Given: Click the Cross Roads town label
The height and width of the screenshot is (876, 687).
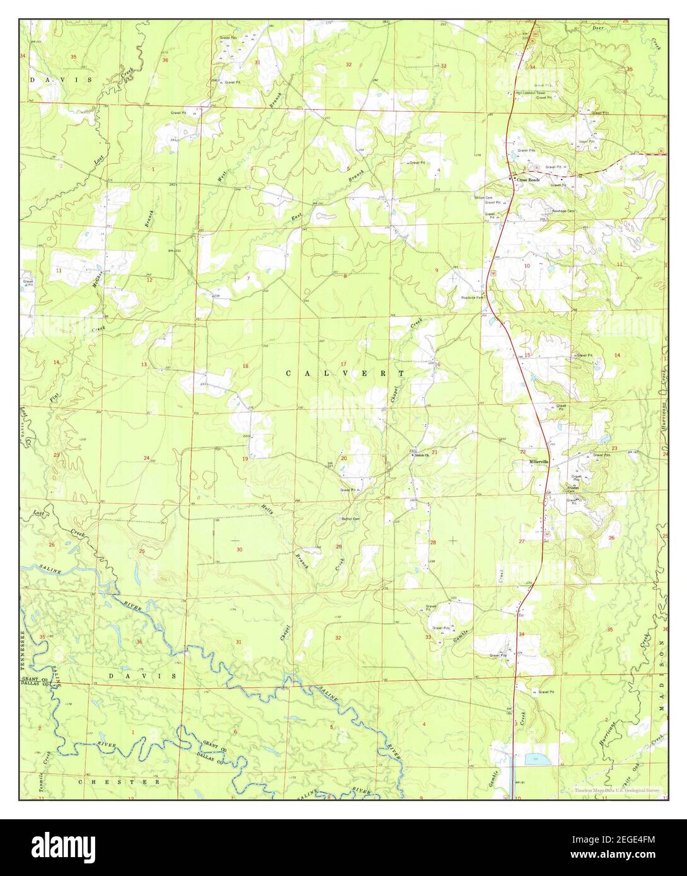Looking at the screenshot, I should pos(528,180).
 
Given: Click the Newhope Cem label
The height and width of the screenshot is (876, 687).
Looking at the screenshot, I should pos(563,211).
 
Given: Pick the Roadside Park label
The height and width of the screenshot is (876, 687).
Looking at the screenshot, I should pos(471,297).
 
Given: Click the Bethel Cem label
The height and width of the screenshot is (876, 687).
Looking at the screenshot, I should pos(350,519).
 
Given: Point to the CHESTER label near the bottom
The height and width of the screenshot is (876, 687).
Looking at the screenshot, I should pos(119,781).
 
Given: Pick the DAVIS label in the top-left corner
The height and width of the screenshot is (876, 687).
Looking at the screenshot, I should pos(62,80).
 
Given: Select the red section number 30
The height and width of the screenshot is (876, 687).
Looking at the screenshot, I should pos(239,550).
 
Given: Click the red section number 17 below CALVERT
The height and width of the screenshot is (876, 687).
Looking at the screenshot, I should pos(343,364).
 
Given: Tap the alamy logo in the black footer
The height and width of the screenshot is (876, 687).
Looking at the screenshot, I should pos(63,846).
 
